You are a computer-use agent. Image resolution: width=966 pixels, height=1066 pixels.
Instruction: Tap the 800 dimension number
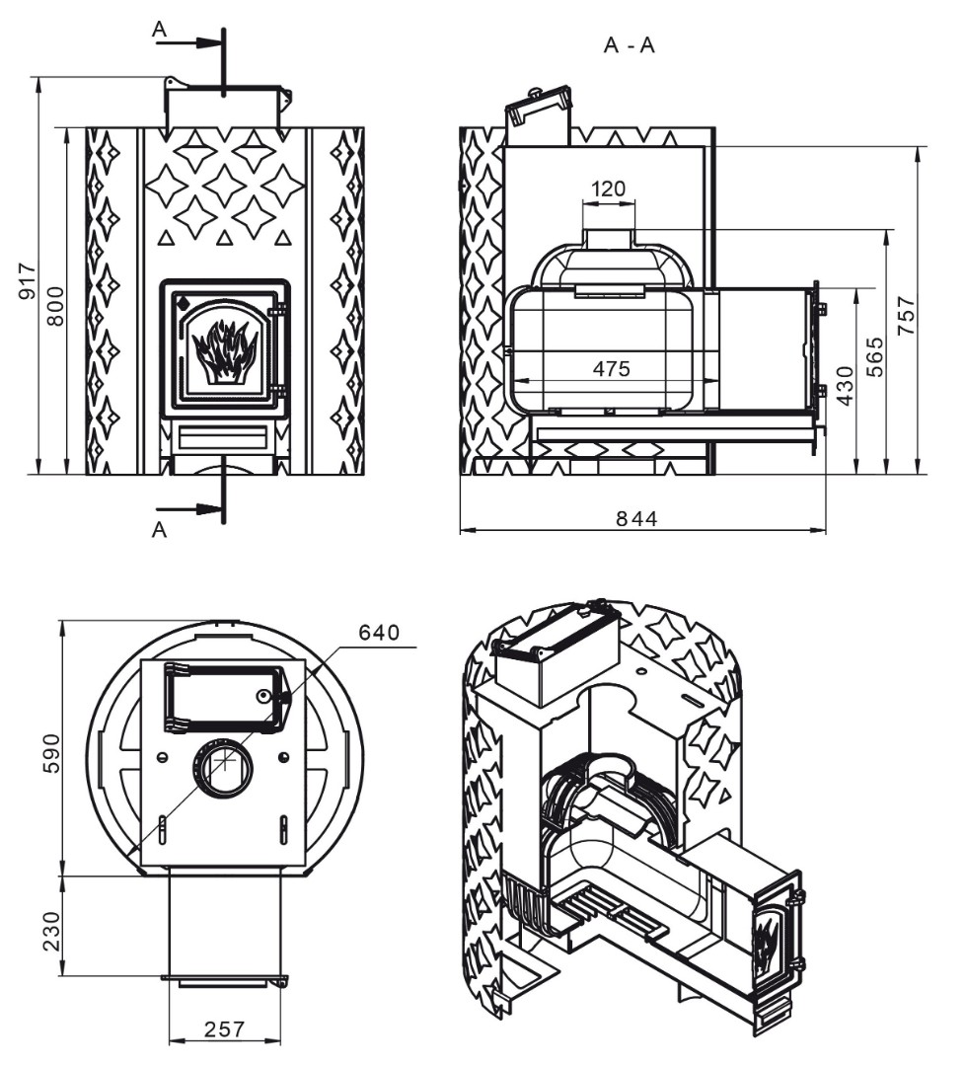(x=55, y=305)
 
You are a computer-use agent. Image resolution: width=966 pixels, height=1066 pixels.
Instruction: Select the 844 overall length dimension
(x=637, y=519)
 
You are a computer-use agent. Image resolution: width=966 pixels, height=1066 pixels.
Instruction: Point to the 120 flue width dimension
(x=609, y=189)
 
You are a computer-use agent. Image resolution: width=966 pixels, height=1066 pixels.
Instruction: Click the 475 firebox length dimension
(x=611, y=369)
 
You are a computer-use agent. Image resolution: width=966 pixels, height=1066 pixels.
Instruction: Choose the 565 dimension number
(x=876, y=355)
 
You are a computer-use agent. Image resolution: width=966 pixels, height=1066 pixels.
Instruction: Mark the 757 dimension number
(x=907, y=315)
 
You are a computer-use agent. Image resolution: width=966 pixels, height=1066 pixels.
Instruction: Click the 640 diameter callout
(x=379, y=633)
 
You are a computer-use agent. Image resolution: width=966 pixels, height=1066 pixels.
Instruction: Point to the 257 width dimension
(x=224, y=1029)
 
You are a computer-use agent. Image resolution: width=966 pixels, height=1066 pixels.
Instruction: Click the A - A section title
(x=629, y=45)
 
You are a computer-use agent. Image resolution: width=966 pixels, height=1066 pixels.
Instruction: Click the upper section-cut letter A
(x=159, y=29)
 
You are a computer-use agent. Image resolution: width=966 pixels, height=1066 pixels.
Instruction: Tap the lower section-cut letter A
(x=159, y=530)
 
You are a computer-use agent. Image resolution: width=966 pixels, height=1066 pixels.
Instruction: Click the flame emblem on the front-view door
(x=225, y=351)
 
